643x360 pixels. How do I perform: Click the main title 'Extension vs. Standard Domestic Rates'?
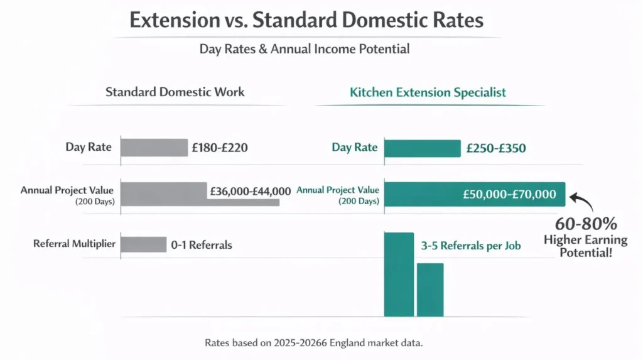click(306, 20)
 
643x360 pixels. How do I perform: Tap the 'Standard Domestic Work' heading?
click(175, 92)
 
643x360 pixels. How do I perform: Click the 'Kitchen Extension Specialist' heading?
click(427, 92)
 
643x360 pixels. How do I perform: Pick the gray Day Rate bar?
click(154, 148)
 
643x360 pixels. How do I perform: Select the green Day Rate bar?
click(421, 148)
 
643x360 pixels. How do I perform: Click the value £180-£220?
click(220, 148)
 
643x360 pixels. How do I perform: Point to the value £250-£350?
click(496, 149)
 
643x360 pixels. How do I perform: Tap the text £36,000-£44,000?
click(251, 192)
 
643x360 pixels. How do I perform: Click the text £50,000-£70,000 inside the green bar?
click(509, 194)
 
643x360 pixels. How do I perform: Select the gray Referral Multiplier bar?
click(143, 244)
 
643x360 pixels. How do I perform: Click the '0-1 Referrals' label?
click(201, 245)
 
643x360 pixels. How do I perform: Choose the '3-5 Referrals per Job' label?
click(471, 246)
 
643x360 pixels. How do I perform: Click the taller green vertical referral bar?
click(399, 275)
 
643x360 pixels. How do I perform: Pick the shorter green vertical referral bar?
click(430, 290)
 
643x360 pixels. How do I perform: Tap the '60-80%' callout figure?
click(585, 224)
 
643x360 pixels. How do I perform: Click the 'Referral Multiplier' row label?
click(74, 244)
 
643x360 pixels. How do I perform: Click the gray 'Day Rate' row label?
click(88, 148)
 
